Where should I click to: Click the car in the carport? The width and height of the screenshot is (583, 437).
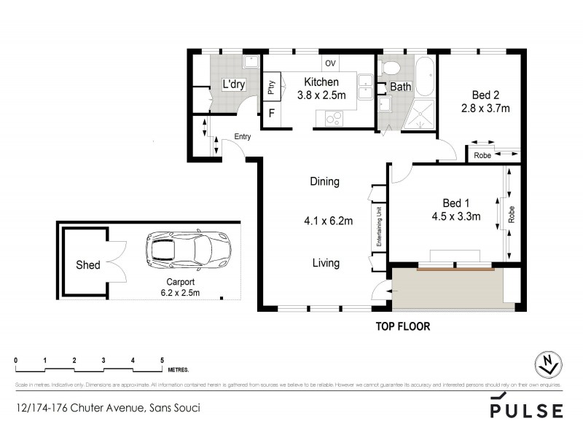pyautogui.click(x=189, y=249)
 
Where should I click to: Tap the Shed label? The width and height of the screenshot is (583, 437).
pyautogui.click(x=88, y=265)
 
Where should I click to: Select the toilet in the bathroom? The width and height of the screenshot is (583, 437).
pyautogui.click(x=391, y=70)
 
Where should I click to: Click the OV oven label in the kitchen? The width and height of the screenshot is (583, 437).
pyautogui.click(x=330, y=63)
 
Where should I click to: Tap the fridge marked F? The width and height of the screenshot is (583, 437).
pyautogui.click(x=272, y=113)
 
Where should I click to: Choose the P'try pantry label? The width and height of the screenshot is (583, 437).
pyautogui.click(x=271, y=88)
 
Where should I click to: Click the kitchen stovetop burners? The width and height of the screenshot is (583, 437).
pyautogui.click(x=335, y=117)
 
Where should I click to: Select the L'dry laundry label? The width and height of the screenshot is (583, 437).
pyautogui.click(x=233, y=86)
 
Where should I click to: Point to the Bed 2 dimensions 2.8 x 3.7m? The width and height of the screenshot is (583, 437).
pyautogui.click(x=485, y=109)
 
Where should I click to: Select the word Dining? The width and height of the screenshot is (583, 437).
pyautogui.click(x=324, y=181)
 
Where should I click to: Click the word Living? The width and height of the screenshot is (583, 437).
pyautogui.click(x=325, y=263)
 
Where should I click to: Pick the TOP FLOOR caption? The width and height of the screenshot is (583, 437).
pyautogui.click(x=402, y=327)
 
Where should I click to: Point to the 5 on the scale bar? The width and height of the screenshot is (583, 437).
pyautogui.click(x=162, y=361)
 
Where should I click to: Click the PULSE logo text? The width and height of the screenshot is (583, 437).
pyautogui.click(x=526, y=410)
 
